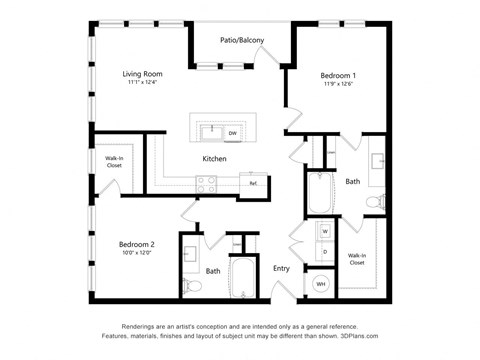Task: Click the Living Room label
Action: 143,74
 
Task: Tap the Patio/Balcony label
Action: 242,40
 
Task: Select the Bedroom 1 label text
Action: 338,76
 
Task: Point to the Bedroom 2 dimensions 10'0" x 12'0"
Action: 135,253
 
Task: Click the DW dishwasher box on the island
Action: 232,132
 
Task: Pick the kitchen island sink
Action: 210,131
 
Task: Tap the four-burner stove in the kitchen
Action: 207,184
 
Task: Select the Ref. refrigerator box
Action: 253,183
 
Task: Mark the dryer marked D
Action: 325,251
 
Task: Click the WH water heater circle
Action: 321,284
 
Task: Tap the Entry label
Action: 281,268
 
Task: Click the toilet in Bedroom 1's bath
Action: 374,204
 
